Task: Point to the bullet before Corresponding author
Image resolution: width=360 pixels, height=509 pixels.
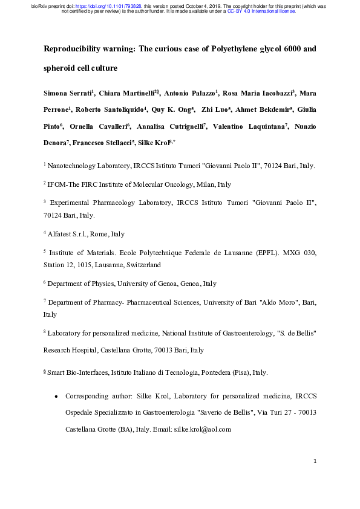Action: pos(56,396)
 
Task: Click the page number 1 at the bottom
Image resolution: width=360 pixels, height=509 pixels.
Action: pos(316,462)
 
